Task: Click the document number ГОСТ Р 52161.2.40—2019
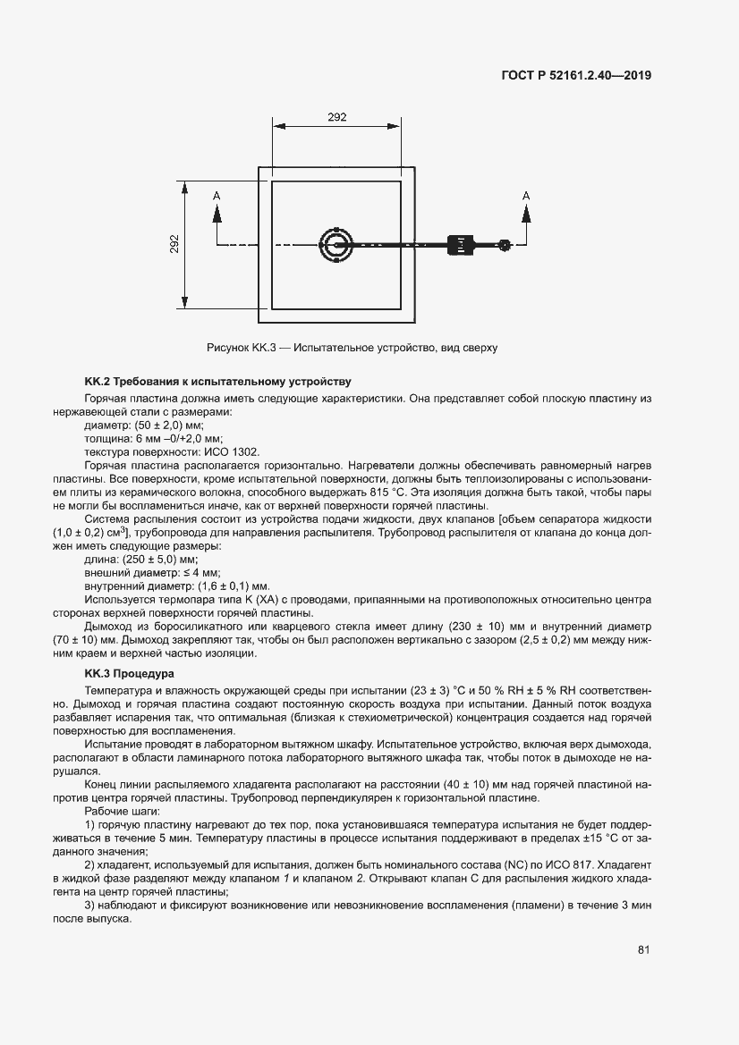[577, 76]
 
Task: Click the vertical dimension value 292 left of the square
[175, 244]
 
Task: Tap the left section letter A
[217, 195]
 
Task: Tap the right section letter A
[525, 195]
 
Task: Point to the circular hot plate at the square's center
[336, 244]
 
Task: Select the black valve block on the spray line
[460, 244]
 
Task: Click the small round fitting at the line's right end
[505, 244]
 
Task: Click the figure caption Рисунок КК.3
[352, 348]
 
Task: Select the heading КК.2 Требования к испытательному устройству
[217, 382]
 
